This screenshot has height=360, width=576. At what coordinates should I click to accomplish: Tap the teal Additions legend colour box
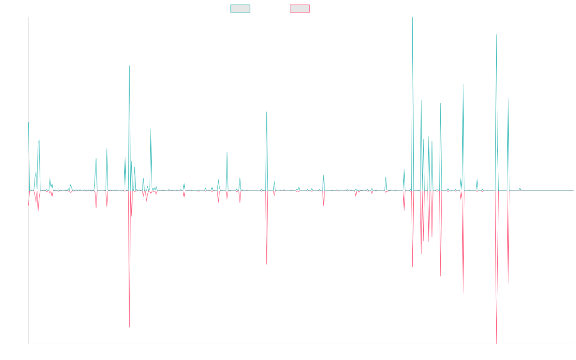click(240, 9)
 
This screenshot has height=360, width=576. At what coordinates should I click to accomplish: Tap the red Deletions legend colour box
click(300, 9)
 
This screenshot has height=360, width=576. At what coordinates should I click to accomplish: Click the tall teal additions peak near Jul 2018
click(129, 66)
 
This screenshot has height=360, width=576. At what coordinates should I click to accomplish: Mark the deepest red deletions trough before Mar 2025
click(496, 342)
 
